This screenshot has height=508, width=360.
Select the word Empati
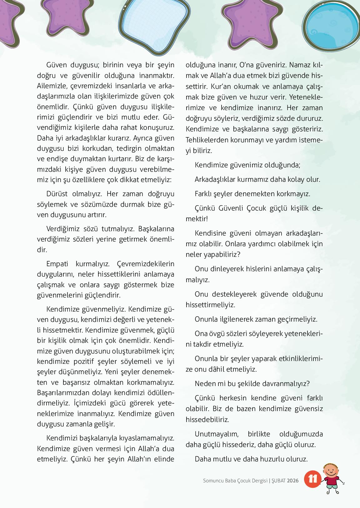(57, 264)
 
